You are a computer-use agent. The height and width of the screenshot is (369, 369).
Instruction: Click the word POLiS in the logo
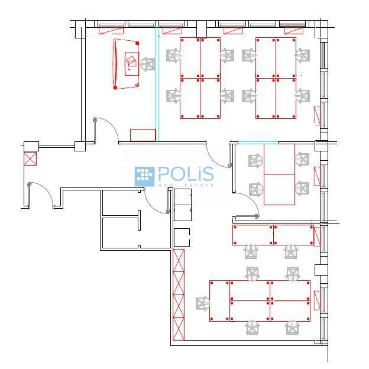(186, 174)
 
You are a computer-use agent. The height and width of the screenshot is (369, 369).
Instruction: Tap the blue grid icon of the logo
(144, 176)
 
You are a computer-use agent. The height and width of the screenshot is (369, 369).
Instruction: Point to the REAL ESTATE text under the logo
(186, 185)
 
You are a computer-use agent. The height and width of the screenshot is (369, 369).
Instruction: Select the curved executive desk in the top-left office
(126, 64)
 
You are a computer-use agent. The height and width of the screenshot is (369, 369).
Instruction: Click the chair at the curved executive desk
(148, 64)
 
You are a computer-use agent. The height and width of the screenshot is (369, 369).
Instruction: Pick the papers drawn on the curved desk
(131, 61)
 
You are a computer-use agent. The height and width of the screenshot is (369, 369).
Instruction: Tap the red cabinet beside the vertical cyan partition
(143, 135)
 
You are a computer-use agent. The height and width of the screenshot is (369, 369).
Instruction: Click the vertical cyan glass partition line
(157, 84)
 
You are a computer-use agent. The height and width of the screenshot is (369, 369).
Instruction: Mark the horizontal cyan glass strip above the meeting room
(258, 143)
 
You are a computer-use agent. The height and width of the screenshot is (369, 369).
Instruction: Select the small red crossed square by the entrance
(30, 158)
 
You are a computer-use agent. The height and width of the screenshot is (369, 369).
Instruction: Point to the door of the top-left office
(106, 130)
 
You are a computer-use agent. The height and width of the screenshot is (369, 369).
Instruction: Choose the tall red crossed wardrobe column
(179, 294)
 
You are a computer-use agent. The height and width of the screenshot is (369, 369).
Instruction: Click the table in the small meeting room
(279, 174)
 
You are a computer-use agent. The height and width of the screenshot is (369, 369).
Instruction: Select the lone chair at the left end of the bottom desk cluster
(203, 303)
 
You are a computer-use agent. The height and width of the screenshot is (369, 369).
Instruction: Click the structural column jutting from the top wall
(202, 29)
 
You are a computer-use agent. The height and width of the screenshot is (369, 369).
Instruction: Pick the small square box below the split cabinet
(182, 237)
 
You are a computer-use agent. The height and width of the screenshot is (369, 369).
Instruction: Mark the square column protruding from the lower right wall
(321, 270)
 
